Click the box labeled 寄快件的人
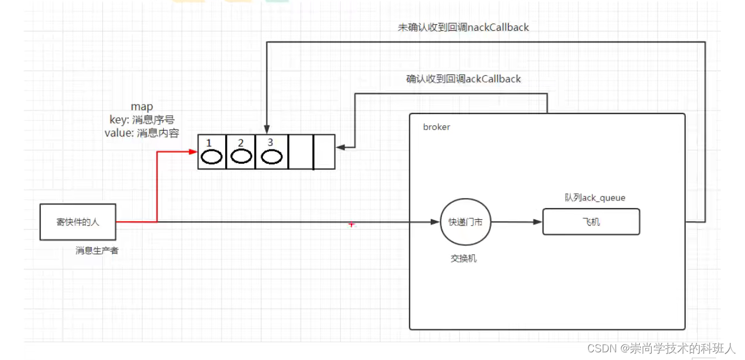78,222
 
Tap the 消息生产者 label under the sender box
97,251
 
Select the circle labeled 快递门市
466,222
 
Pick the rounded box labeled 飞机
591,222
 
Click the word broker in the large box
437,127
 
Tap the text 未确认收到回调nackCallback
463,27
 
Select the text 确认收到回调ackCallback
463,79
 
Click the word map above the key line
142,106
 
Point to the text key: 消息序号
142,119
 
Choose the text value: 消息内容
142,133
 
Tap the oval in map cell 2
241,157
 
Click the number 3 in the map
270,142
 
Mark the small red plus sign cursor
352,225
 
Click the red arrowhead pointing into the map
193,152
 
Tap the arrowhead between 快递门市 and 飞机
538,222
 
